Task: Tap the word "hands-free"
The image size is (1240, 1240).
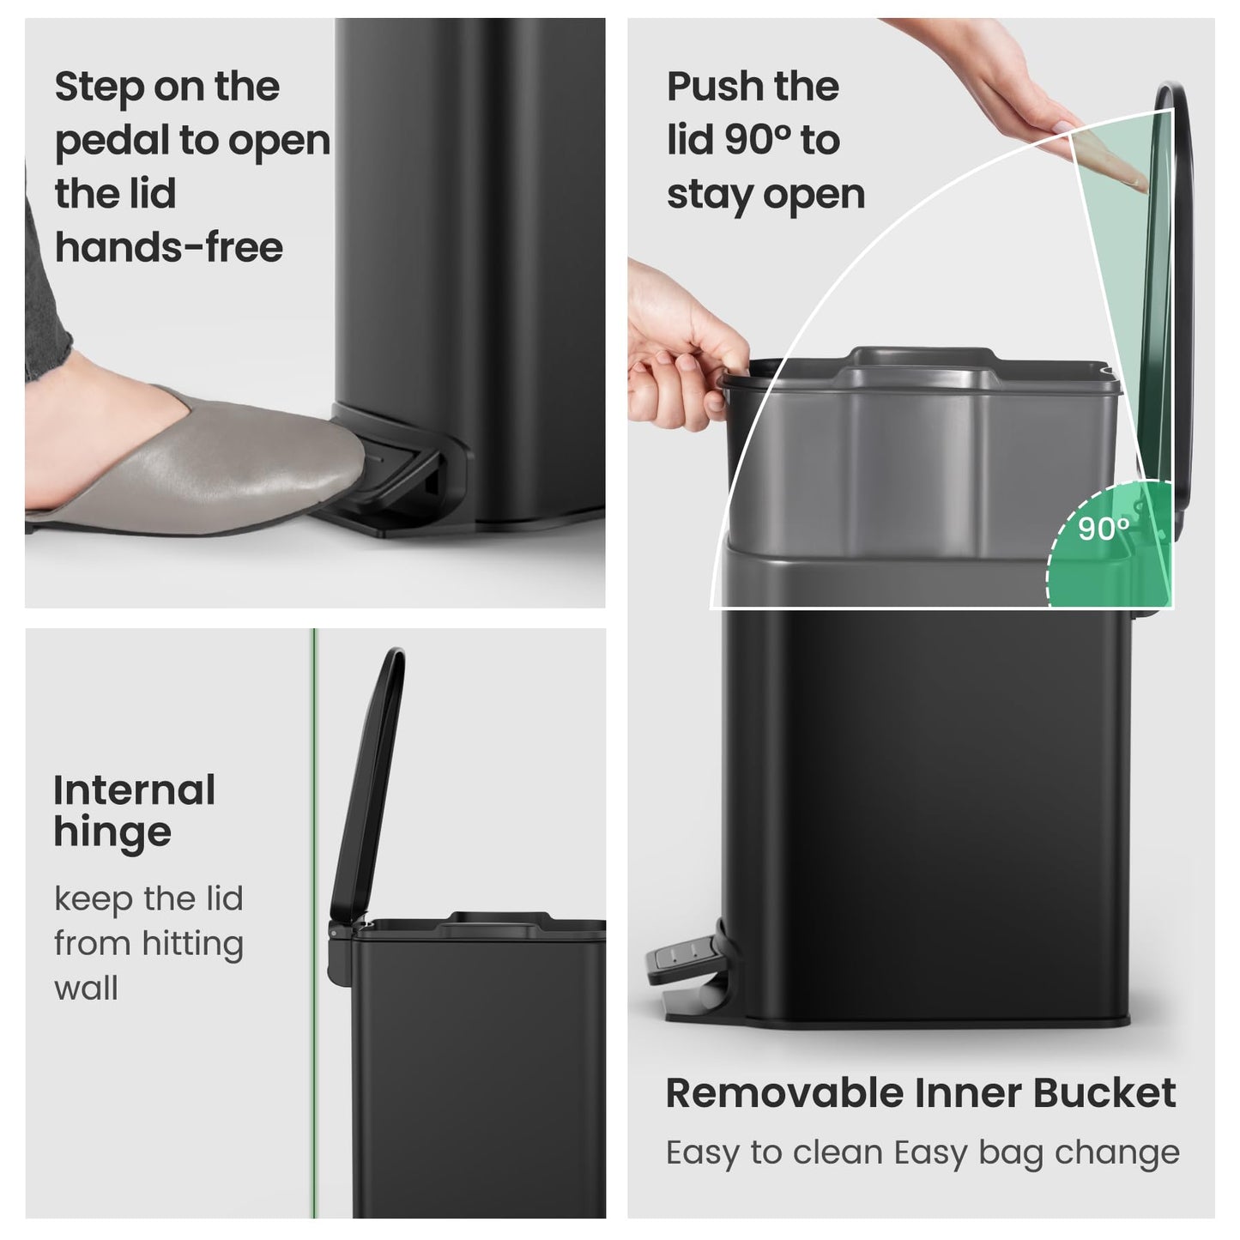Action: point(169,248)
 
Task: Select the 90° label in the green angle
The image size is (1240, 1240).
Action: point(1104,529)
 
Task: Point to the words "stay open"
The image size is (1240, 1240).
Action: point(765,195)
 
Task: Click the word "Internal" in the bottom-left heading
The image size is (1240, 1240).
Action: point(135,790)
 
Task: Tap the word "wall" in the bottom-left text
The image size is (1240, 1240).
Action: point(86,989)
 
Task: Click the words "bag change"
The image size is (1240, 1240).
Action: point(1079,1153)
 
